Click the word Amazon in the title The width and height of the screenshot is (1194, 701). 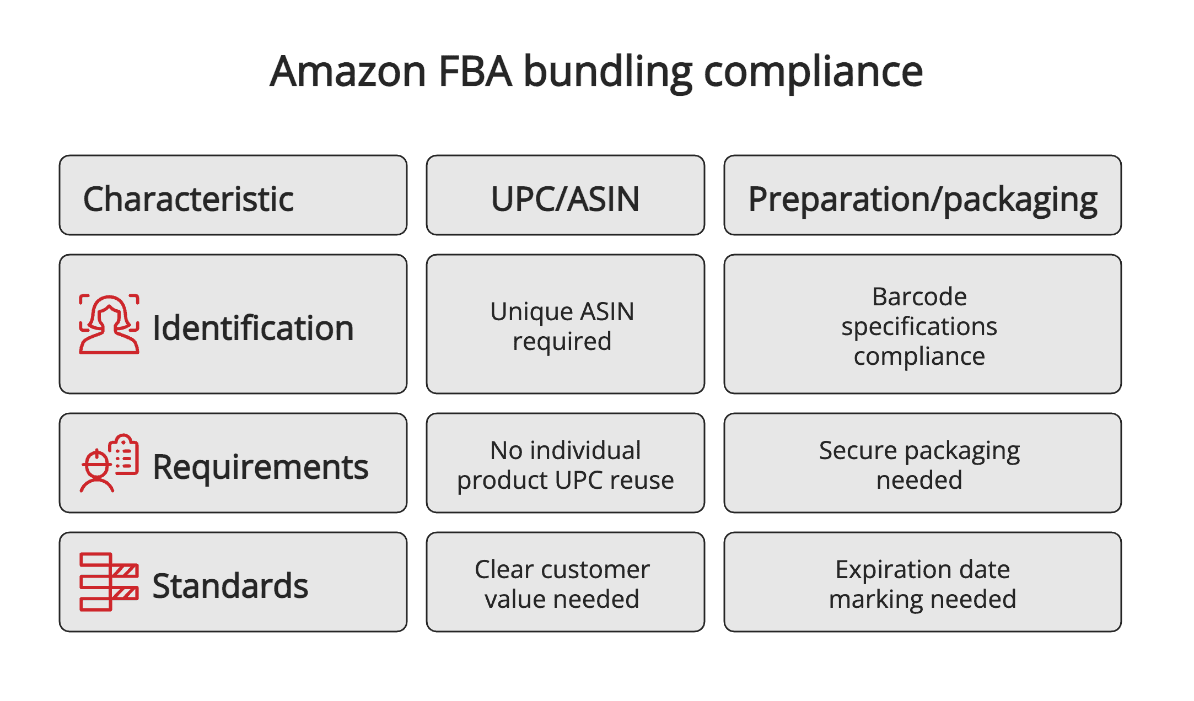348,72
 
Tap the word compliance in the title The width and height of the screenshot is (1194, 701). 813,72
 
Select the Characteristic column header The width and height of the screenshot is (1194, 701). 188,199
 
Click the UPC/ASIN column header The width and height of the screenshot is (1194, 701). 565,199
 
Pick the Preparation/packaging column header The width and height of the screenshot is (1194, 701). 922,199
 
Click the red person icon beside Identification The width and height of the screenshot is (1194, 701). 109,325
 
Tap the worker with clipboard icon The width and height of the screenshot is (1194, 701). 109,463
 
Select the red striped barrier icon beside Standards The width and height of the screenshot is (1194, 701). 109,582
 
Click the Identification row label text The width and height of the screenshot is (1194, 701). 253,328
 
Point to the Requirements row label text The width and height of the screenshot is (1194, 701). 260,467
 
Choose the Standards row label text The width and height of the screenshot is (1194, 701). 230,585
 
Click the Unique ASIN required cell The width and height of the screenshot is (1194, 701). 562,326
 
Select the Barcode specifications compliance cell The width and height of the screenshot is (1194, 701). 919,326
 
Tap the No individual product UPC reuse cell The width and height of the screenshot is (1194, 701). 565,465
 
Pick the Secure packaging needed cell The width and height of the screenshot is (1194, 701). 919,465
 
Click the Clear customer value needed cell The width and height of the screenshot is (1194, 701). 562,584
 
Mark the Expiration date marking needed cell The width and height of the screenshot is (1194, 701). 922,584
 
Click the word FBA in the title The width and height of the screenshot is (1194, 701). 475,72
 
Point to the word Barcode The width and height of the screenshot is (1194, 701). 919,296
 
